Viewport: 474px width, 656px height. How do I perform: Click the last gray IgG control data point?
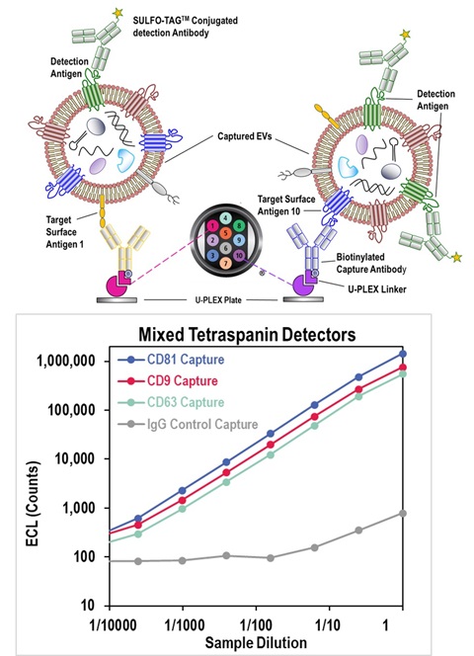pos(402,513)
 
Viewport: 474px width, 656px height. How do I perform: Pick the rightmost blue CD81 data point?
pos(402,353)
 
